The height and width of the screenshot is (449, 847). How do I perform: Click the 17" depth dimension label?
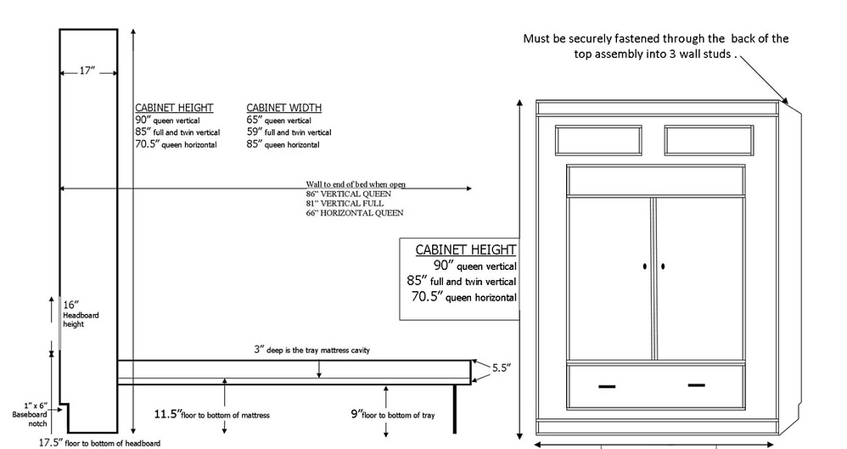(87, 70)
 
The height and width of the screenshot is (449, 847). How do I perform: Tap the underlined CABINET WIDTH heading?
(284, 108)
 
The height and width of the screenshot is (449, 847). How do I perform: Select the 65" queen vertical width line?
(278, 120)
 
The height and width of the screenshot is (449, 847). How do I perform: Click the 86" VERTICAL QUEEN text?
(349, 194)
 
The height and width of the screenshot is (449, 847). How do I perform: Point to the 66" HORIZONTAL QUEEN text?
(355, 213)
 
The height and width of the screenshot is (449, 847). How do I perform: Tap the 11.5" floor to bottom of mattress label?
(212, 414)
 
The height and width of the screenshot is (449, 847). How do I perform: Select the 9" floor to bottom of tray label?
(393, 414)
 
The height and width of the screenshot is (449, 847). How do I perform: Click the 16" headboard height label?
(81, 314)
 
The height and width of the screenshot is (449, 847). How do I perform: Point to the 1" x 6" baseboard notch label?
(31, 414)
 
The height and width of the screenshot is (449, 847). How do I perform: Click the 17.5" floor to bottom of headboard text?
(99, 443)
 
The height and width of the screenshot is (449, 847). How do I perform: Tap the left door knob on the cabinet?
(645, 267)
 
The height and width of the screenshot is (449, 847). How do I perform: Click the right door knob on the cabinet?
(663, 267)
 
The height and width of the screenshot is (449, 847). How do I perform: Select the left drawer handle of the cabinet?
(607, 386)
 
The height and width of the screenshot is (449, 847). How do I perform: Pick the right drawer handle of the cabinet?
(696, 385)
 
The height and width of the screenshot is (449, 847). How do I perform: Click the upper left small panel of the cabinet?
(598, 140)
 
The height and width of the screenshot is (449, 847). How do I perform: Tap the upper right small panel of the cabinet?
(709, 140)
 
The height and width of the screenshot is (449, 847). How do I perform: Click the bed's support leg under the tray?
(455, 409)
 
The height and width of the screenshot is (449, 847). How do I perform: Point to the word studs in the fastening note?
(717, 54)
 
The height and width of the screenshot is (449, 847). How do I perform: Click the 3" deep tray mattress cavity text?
(311, 350)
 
